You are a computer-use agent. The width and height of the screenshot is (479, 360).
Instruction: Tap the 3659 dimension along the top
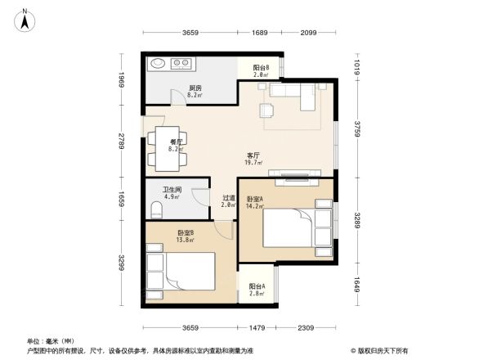pyautogui.click(x=190, y=32)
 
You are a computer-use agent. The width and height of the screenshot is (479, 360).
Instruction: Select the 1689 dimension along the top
pyautogui.click(x=260, y=32)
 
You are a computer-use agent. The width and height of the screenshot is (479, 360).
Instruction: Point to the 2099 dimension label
pyautogui.click(x=308, y=32)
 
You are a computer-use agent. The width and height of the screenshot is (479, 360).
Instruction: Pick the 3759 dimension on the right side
pyautogui.click(x=356, y=129)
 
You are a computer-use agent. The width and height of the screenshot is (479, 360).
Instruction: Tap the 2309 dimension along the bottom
pyautogui.click(x=306, y=328)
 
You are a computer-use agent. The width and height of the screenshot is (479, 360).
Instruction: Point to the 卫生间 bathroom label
pyautogui.click(x=172, y=192)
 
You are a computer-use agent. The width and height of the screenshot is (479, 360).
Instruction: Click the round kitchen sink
pyautogui.click(x=158, y=63)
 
